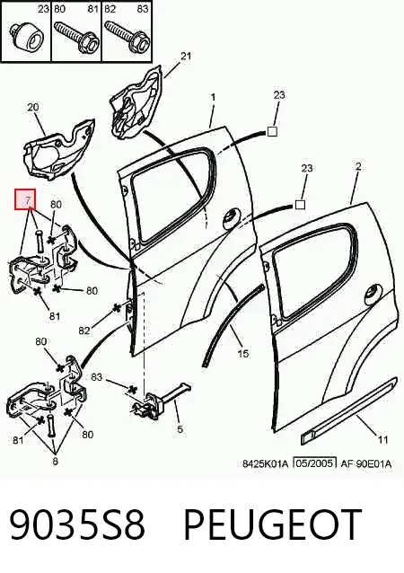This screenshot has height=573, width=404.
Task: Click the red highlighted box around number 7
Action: coord(25,199)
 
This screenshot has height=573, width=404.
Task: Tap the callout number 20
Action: coord(33,107)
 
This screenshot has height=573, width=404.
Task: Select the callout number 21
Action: coord(186,56)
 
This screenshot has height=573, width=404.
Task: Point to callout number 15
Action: coord(243,353)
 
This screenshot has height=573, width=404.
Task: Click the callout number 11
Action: coord(382,439)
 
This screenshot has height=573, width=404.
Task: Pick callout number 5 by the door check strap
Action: coord(180,428)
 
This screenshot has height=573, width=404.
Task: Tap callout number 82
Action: coord(84,330)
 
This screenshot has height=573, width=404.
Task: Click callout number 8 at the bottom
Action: coord(55,461)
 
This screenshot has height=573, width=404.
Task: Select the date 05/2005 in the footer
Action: coord(315,463)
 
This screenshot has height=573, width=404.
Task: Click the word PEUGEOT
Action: coord(273,525)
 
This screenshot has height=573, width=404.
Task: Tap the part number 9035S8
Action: coord(77,525)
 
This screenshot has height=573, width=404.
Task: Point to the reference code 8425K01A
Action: coord(266,463)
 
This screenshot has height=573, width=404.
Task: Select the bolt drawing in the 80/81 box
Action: coord(77,37)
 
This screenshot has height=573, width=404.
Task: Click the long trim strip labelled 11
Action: coord(349,410)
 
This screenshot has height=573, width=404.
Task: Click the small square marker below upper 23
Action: coord(272,131)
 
